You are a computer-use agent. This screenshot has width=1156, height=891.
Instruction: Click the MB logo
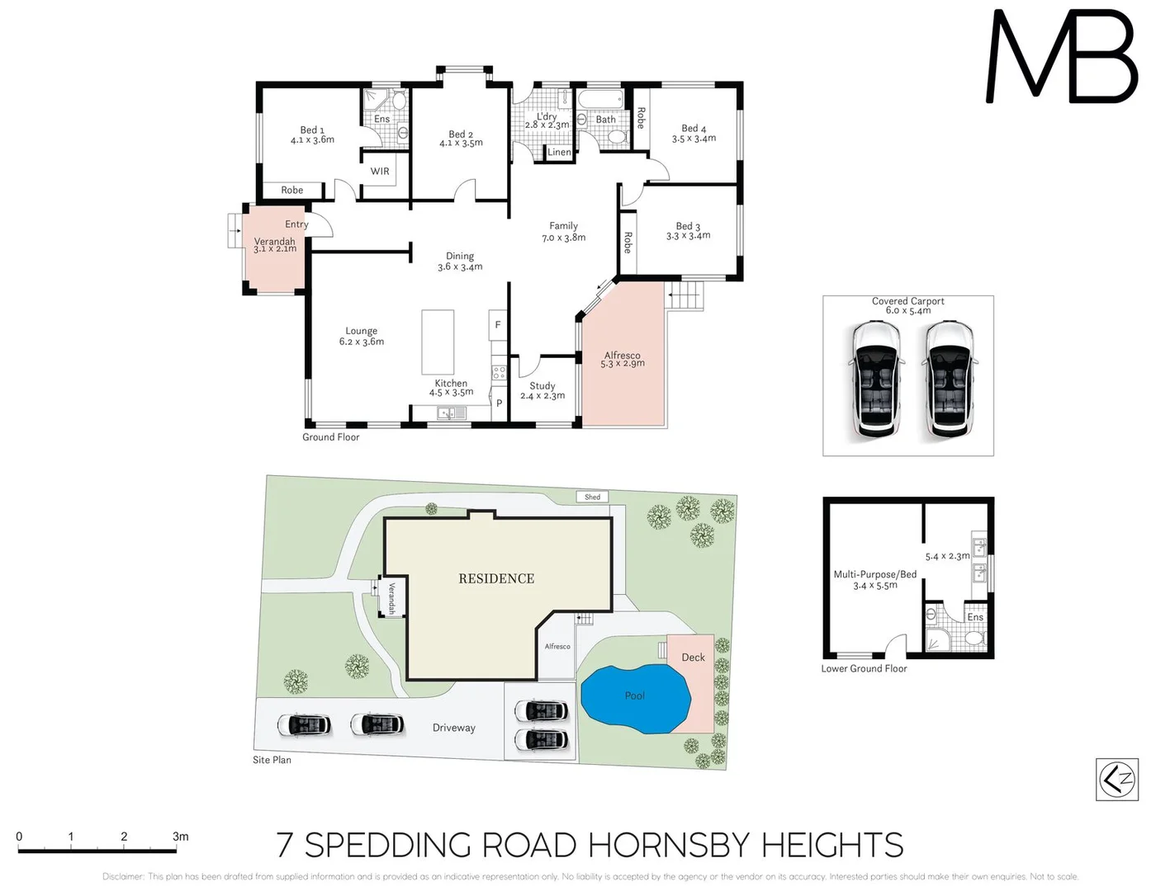[1062, 58]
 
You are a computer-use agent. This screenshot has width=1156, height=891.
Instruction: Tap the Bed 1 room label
[312, 130]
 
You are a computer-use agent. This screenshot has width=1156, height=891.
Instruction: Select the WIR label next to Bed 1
[380, 172]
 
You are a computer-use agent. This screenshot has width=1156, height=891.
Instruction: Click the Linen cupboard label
[559, 153]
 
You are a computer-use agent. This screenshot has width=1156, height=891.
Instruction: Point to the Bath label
[606, 120]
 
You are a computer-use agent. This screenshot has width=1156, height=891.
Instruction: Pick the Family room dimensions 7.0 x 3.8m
[563, 238]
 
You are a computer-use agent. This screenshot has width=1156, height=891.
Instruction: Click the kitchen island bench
[438, 342]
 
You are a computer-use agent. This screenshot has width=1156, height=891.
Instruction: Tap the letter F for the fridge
[498, 325]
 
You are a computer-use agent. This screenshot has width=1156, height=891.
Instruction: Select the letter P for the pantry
[499, 403]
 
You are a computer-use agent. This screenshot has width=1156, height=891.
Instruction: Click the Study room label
[542, 385]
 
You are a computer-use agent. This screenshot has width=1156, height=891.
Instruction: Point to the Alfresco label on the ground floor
[622, 355]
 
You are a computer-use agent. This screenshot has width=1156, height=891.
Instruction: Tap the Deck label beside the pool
[694, 658]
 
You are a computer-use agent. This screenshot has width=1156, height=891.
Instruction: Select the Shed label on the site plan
[592, 497]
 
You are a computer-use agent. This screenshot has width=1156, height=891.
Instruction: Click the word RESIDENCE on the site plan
[496, 578]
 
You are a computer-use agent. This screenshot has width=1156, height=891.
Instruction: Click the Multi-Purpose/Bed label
[874, 574]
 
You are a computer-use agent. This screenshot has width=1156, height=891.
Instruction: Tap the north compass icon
[1116, 779]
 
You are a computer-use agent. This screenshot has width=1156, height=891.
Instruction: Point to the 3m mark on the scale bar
[180, 837]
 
